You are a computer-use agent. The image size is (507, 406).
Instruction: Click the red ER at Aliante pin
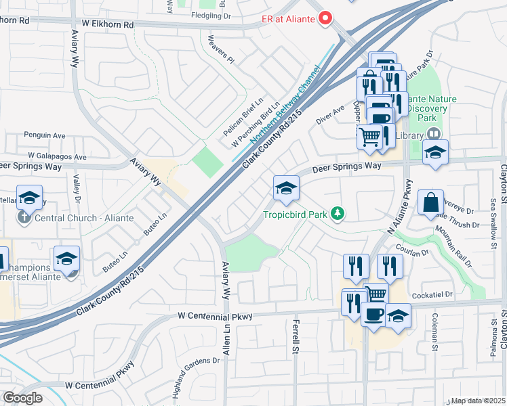[x=325, y=18]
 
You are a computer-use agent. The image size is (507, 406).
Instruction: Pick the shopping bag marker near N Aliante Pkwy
[x=430, y=202]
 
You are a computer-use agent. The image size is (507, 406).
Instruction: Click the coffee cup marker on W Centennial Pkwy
[x=373, y=315]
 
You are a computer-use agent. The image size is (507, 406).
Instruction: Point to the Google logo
[x=22, y=398]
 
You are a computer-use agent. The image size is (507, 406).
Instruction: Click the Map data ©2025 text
[x=479, y=401]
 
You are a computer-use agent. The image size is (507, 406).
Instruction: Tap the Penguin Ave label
[x=42, y=135]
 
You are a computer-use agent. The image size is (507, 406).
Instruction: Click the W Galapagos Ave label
[x=57, y=157]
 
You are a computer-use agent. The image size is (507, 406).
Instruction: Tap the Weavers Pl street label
[x=221, y=49]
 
